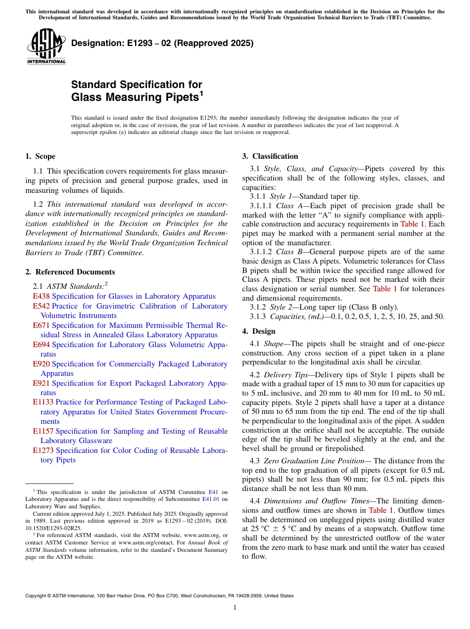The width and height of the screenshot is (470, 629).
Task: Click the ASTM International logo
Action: pos(46,47)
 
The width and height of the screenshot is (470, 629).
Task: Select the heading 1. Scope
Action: pos(41,156)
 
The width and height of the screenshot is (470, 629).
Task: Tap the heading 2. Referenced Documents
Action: pos(70,272)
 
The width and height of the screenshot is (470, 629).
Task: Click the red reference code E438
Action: pos(42,296)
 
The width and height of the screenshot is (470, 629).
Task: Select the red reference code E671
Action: pos(42,325)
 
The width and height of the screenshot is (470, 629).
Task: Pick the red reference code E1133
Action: pos(44,402)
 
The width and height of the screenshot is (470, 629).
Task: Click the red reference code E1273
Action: pos(44,450)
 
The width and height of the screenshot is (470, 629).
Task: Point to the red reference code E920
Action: pos(42,364)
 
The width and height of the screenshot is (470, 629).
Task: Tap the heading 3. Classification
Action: pos(270,156)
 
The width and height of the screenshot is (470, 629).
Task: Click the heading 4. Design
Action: pos(259,331)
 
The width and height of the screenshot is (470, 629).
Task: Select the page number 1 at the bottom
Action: pos(235,608)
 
